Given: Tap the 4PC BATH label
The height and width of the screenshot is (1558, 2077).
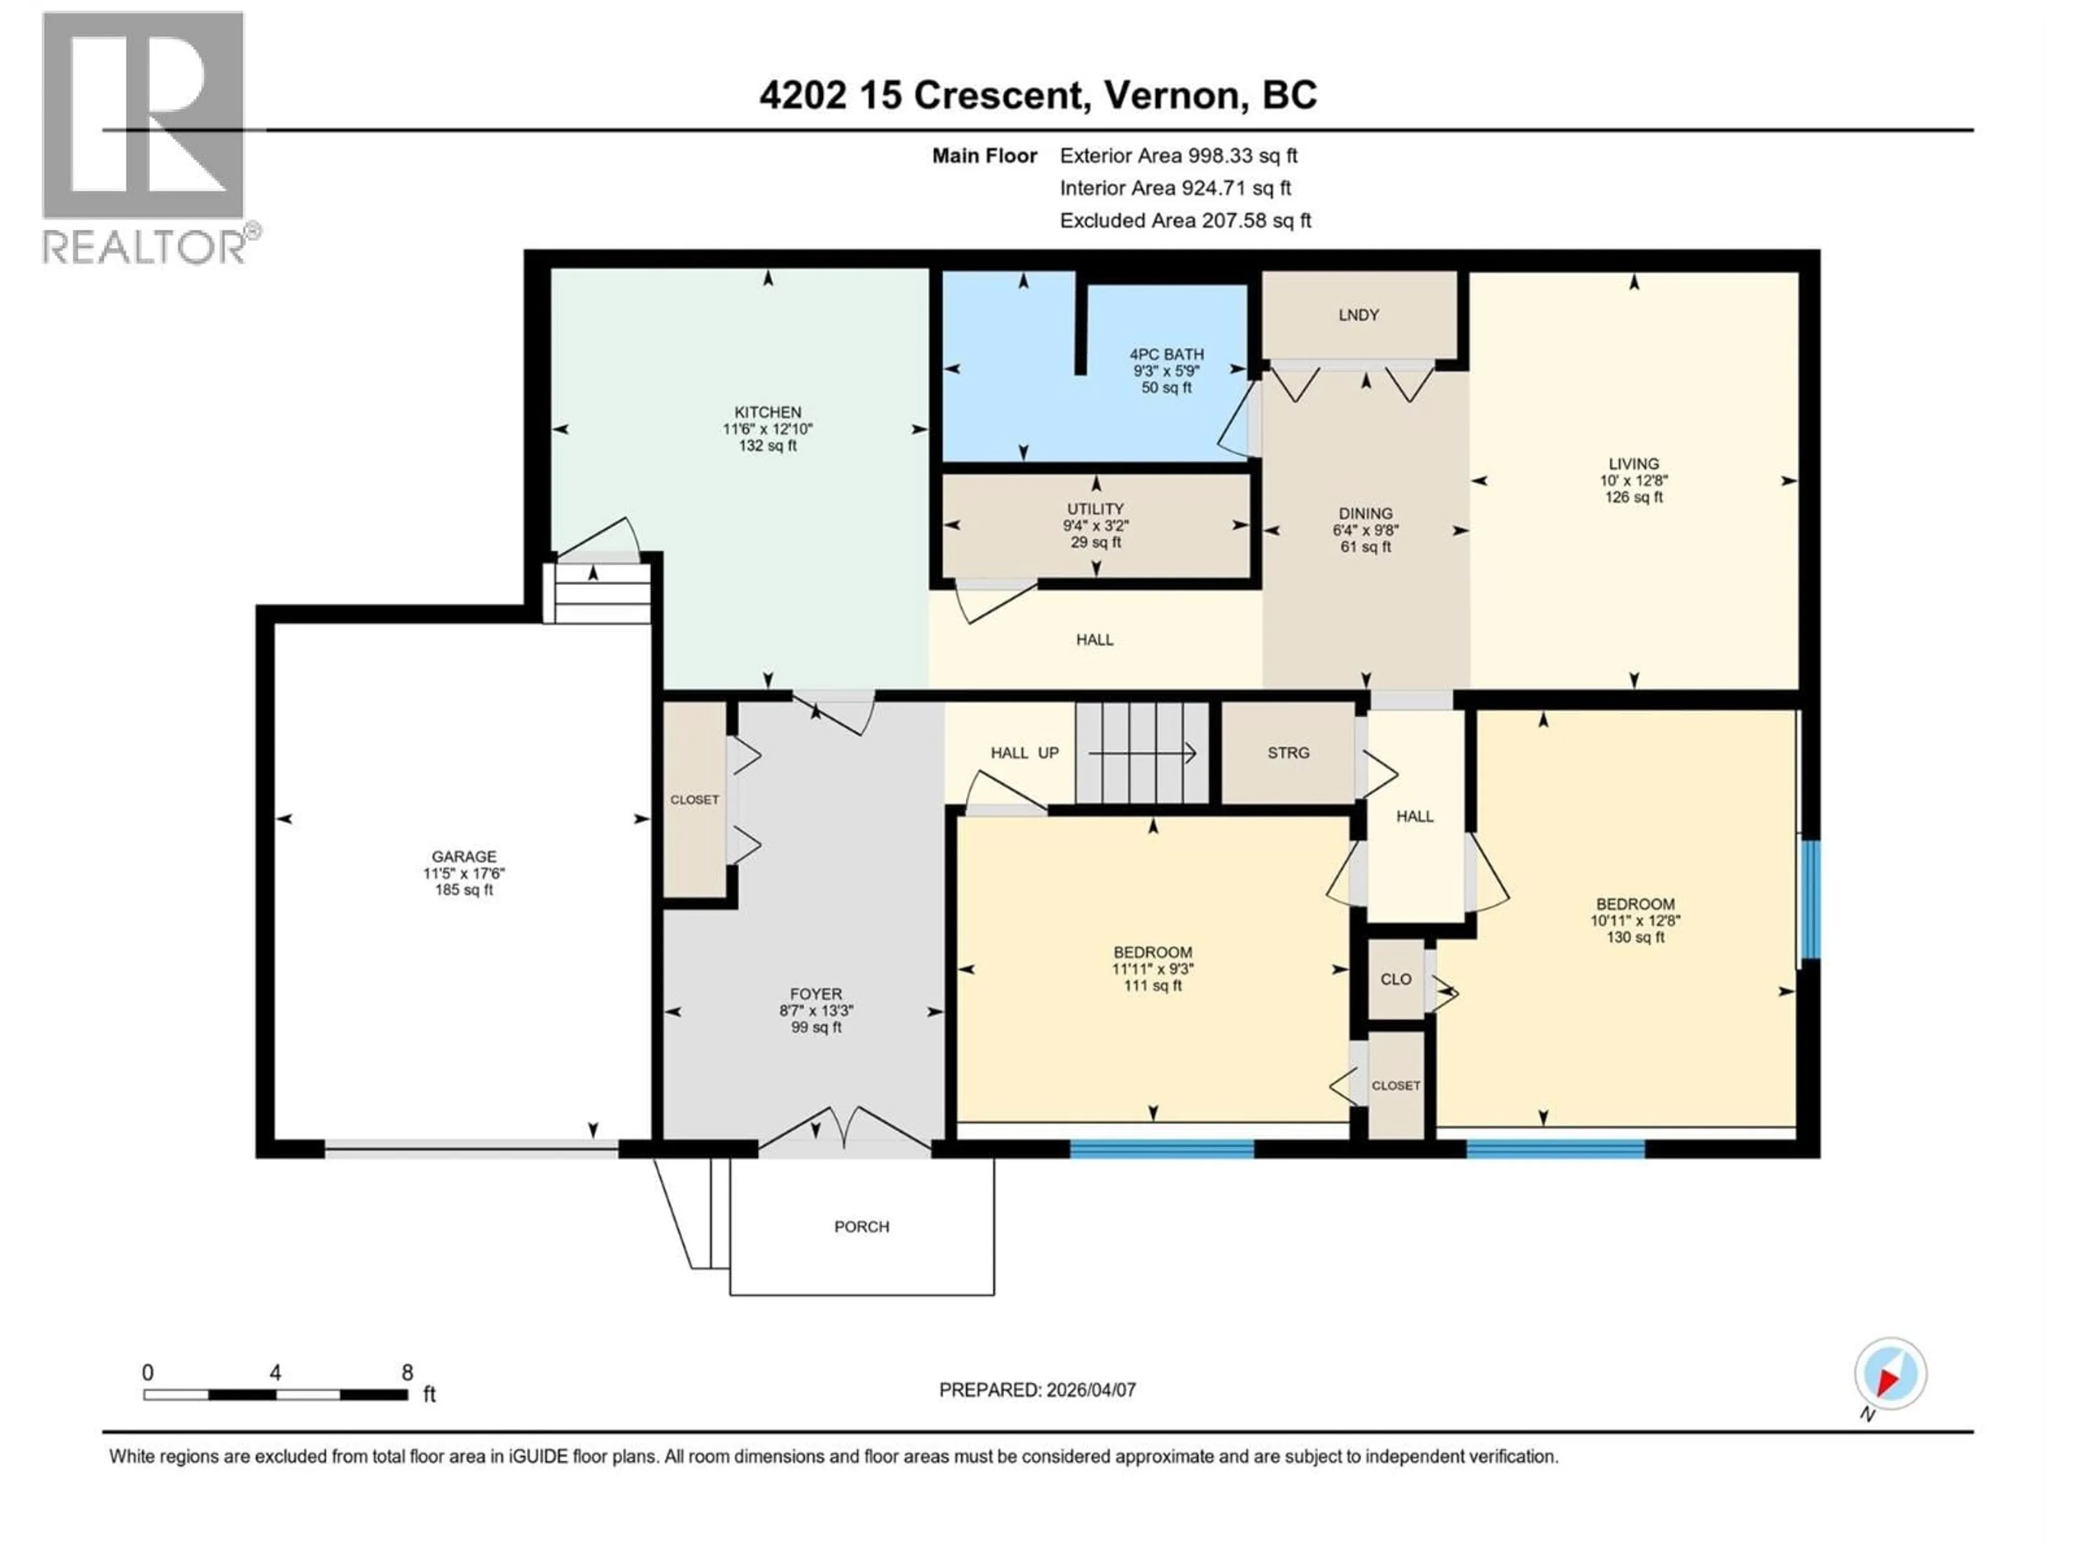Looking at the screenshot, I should click(1166, 354).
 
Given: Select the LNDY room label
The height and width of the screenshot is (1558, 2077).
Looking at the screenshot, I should click(1358, 315).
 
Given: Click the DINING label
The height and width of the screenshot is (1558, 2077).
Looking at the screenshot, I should click(1365, 514).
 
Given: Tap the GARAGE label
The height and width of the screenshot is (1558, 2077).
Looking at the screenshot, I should click(464, 856).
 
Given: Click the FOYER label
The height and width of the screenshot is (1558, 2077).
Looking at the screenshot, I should click(815, 994).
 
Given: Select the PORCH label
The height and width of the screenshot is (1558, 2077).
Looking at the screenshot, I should click(861, 1226).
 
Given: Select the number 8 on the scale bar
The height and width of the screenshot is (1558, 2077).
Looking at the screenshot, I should click(407, 1372).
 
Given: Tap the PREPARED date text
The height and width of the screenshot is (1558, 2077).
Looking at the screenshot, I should click(1037, 1390).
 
